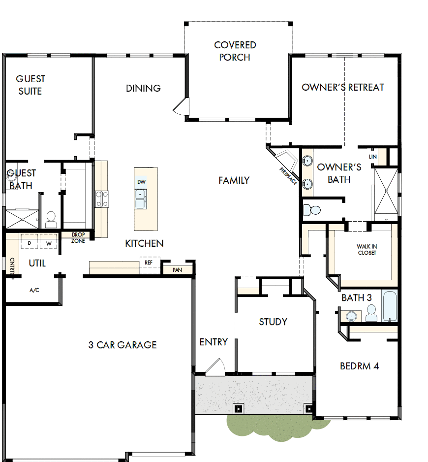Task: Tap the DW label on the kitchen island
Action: (141, 182)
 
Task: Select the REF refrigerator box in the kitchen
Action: (149, 263)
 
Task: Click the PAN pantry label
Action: (176, 270)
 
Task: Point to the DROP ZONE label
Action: (78, 237)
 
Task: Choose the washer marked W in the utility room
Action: (49, 243)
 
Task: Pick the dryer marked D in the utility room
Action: (29, 243)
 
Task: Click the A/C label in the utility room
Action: (34, 291)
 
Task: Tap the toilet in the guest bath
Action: (51, 220)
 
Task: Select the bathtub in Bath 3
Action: (390, 306)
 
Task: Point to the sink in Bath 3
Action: (352, 315)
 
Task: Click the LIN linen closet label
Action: (372, 157)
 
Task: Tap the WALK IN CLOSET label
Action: (367, 250)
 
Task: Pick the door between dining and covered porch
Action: (180, 105)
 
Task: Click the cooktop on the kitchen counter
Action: (102, 198)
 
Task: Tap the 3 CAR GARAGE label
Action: (122, 345)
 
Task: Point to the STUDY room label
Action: (273, 322)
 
